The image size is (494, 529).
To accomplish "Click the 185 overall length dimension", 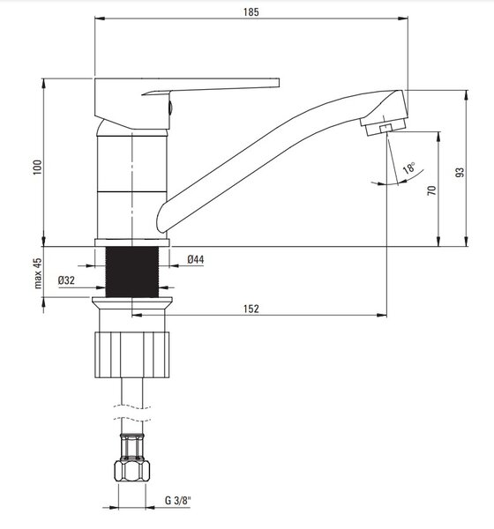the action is [x=251, y=12].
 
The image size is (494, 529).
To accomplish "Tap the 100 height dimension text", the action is [x=37, y=168].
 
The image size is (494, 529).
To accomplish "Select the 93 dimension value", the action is [x=460, y=172].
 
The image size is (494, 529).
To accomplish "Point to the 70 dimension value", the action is [x=431, y=190].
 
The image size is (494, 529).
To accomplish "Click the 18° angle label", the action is [x=409, y=168].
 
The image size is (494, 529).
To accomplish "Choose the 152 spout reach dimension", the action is [x=251, y=309].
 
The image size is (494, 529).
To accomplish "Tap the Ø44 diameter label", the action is [x=196, y=259].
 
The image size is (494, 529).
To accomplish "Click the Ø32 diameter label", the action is [x=66, y=280].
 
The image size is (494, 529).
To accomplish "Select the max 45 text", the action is [x=37, y=273].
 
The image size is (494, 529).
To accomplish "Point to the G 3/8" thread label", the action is [x=178, y=500].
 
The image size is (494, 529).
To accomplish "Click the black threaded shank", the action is [x=132, y=272].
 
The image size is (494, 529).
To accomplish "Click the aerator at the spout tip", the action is [x=384, y=126].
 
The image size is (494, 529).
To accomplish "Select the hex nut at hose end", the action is [x=132, y=471].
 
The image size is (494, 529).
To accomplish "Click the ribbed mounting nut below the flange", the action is [x=132, y=355].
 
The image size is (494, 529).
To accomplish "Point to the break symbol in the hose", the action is [x=132, y=413].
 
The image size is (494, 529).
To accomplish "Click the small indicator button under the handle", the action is [x=170, y=108].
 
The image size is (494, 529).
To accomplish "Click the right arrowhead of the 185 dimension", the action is [x=402, y=18].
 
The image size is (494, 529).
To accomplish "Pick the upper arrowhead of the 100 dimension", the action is [x=43, y=84].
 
